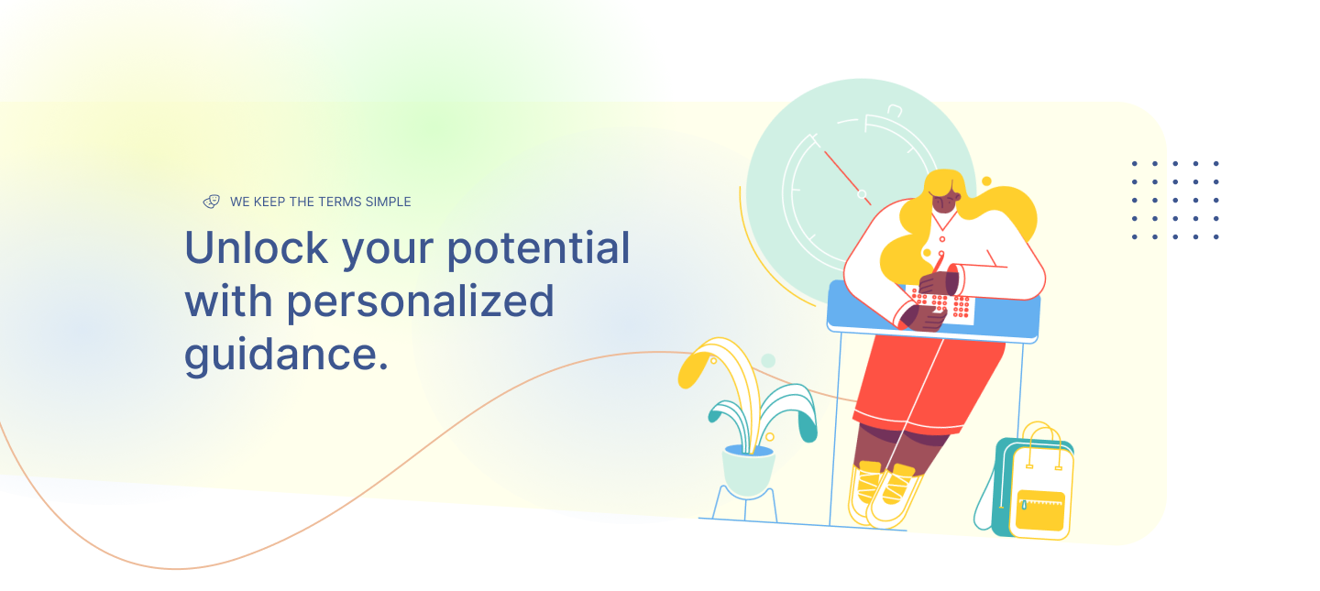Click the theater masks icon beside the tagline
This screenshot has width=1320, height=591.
coord(212,202)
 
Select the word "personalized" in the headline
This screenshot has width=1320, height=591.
coord(421,302)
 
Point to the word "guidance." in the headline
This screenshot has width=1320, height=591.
coord(286,356)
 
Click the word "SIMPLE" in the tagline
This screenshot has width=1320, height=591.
coord(388,202)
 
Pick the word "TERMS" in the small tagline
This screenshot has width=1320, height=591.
coord(339,202)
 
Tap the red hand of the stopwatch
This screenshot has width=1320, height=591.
coord(847,178)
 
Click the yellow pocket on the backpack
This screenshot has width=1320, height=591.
coord(1040,509)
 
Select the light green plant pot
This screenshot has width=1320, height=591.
coord(748,471)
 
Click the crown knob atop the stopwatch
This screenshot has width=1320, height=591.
coord(895,110)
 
